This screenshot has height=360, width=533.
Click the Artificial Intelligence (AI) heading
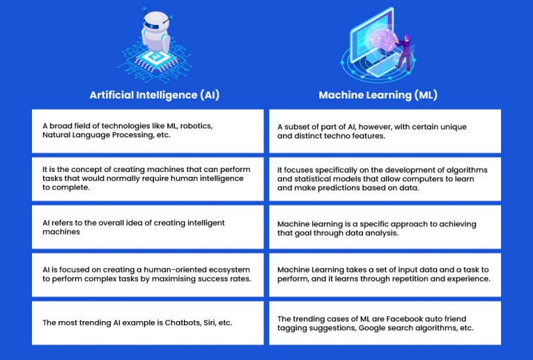click(x=155, y=95)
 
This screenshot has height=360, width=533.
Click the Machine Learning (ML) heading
click(x=378, y=95)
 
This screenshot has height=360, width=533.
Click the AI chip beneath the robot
click(x=155, y=57)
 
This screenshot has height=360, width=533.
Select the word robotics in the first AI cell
click(x=196, y=126)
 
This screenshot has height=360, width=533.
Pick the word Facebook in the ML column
click(x=403, y=319)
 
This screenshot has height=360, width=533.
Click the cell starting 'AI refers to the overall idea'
click(x=148, y=227)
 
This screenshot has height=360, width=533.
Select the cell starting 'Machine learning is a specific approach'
click(x=385, y=227)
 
